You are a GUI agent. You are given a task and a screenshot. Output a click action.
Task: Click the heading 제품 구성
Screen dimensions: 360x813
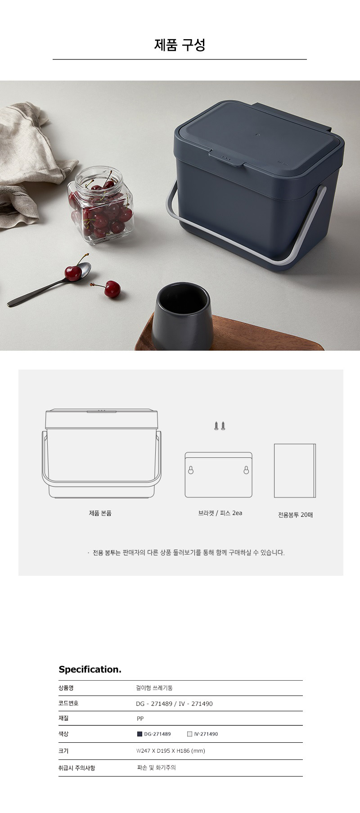point(180,45)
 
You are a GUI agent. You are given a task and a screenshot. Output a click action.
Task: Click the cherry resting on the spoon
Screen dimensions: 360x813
point(73,273)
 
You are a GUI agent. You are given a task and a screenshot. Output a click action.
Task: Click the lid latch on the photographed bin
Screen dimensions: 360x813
point(226,158)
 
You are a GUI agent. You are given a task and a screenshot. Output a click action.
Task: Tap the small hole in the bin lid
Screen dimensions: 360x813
point(257,134)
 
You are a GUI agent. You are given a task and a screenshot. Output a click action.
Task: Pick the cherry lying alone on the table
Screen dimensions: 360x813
point(112,289)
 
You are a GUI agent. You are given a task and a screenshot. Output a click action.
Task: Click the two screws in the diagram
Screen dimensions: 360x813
point(220,425)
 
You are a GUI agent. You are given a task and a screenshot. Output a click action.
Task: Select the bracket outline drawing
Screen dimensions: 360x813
point(219,475)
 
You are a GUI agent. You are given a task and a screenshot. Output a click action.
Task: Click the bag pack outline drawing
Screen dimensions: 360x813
point(295,471)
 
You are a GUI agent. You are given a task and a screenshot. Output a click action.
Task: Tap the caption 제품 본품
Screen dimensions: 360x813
point(100,513)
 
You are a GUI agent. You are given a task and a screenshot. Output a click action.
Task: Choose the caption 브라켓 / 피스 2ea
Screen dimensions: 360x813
point(220,513)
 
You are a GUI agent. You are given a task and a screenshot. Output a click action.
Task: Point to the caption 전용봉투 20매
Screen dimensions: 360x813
point(295,515)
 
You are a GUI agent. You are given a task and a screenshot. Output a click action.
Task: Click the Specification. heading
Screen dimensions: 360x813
point(90,669)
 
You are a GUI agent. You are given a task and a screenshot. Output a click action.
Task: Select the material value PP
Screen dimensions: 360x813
point(140,718)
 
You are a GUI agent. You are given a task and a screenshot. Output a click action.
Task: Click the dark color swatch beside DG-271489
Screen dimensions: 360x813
point(139,734)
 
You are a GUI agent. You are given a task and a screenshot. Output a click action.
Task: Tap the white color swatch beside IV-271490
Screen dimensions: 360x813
point(189,734)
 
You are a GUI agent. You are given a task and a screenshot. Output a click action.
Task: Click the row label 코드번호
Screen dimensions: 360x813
point(68,703)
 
